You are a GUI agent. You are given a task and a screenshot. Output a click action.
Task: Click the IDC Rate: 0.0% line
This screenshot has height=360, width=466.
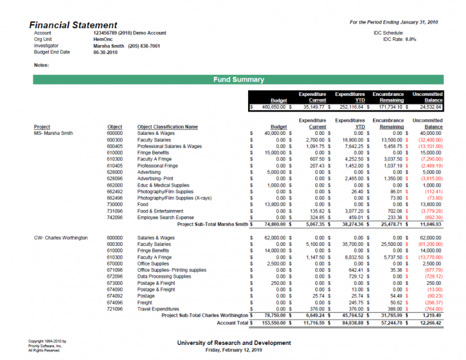[395, 39]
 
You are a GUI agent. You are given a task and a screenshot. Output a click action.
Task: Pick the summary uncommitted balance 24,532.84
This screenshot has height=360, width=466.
[428, 107]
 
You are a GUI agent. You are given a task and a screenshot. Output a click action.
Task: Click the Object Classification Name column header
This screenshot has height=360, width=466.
[167, 127]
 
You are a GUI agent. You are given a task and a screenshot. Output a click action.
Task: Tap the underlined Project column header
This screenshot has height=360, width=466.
[42, 127]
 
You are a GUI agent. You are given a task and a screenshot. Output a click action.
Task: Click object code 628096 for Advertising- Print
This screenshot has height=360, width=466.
[114, 178]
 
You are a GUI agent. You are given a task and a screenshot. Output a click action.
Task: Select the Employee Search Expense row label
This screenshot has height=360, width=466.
[166, 217]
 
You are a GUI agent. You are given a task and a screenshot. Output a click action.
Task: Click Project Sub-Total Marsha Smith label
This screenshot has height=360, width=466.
[213, 224]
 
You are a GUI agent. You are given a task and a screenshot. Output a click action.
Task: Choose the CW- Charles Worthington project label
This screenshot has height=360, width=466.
[61, 238]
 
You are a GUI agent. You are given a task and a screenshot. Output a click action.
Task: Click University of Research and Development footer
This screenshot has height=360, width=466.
[234, 343]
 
